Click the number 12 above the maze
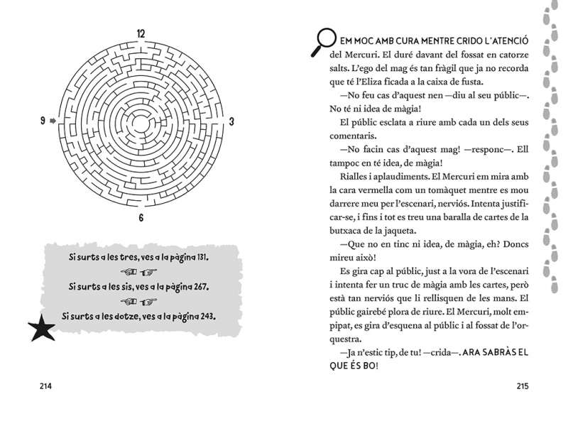[x=141, y=33]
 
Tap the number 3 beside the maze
[x=231, y=122]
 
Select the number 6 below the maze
[x=141, y=217]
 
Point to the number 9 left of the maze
[x=44, y=122]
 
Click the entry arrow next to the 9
[x=53, y=122]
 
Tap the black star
[x=40, y=327]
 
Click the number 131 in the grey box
[x=209, y=255]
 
